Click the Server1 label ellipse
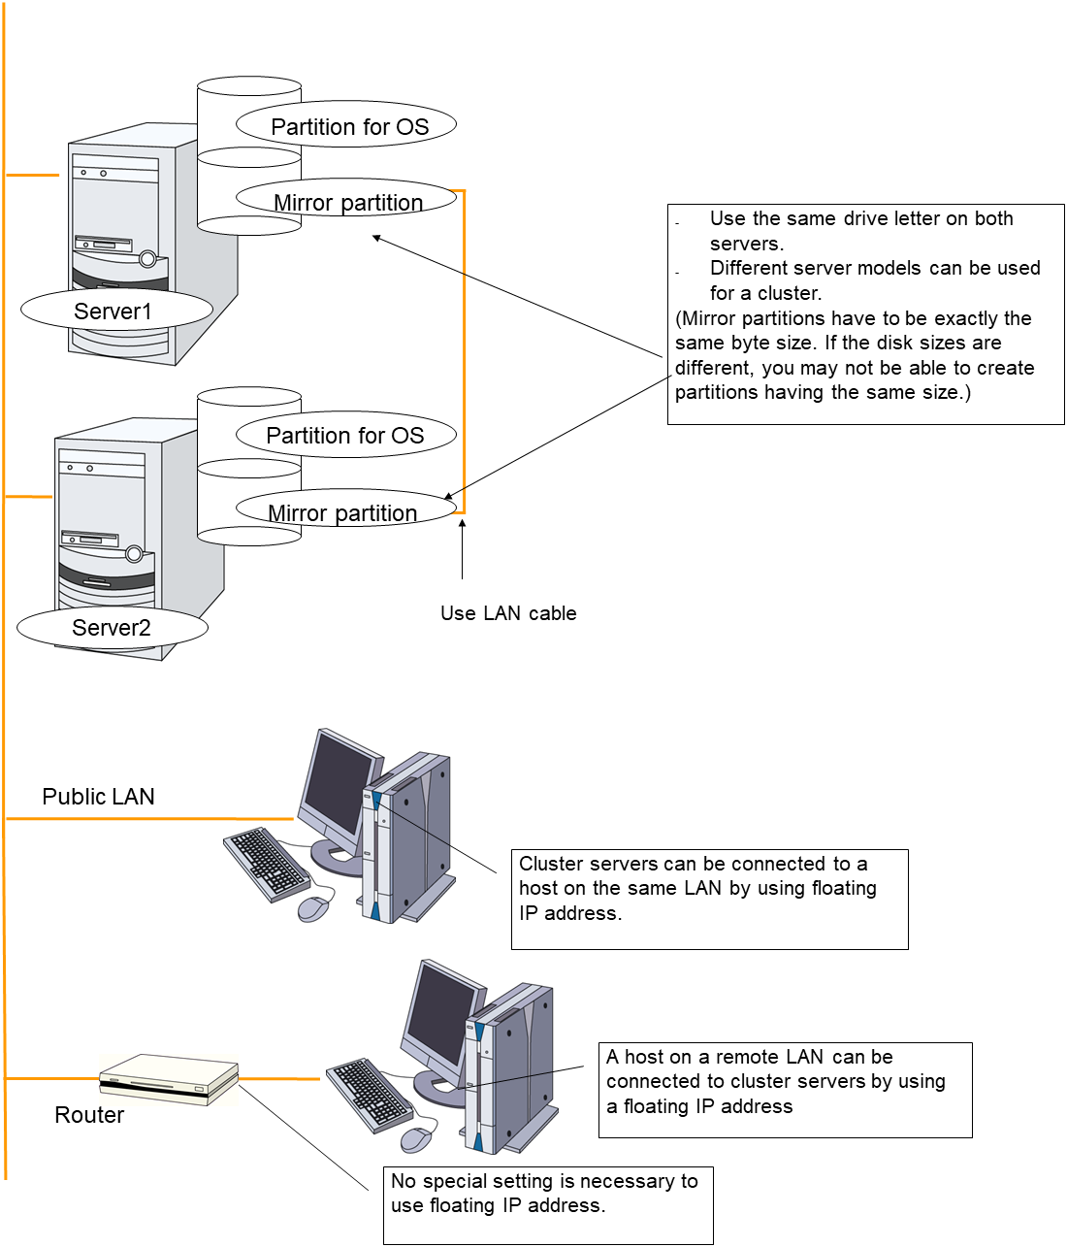point(115,311)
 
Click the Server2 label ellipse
point(112,628)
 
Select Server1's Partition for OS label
point(348,126)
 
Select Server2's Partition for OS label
point(345,436)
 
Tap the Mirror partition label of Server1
point(347,202)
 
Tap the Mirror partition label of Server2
point(342,512)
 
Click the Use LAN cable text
point(508,613)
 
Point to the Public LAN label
point(98,797)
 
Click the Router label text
point(89,1115)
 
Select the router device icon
point(169,1077)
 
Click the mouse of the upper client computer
point(312,908)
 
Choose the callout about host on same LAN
point(709,899)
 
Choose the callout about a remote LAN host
point(786,1089)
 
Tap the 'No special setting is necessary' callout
point(548,1204)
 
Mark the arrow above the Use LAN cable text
point(463,549)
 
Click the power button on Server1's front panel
point(147,259)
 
